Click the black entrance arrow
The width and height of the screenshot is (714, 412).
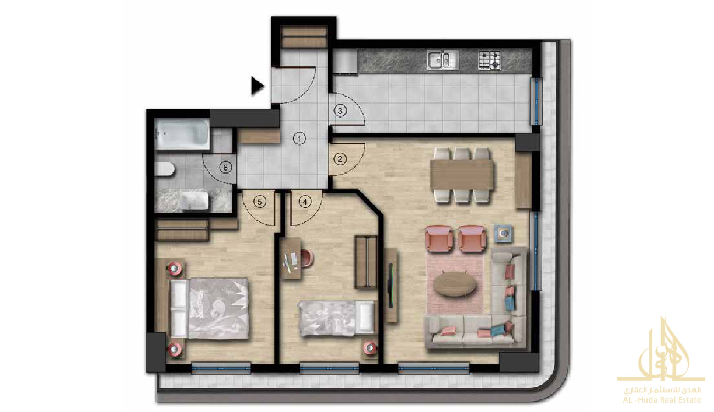[257, 86]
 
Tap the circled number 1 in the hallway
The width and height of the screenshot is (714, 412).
[299, 139]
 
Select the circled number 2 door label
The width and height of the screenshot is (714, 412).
[340, 159]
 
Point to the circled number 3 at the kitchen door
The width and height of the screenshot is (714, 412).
[340, 111]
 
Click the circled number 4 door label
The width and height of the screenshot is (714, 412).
[305, 202]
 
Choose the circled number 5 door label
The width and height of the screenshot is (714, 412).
[260, 202]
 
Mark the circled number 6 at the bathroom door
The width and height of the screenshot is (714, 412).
[226, 168]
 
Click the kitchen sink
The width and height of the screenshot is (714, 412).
[443, 60]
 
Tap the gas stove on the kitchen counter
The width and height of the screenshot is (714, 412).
[489, 60]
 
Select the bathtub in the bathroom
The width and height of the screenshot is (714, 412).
[182, 133]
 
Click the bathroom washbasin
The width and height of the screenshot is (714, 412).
[194, 201]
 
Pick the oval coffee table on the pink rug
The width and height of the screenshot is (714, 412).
[455, 284]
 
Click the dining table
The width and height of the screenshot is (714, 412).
[462, 175]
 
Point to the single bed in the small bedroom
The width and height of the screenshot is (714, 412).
[336, 319]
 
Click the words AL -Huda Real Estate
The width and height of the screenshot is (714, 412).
[662, 400]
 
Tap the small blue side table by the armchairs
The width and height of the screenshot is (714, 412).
[503, 234]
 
